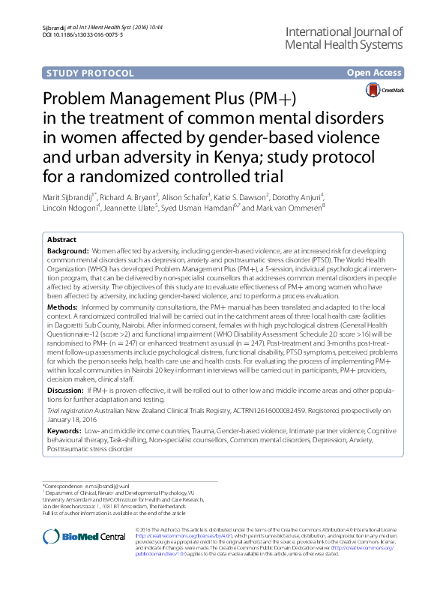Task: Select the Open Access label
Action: [376, 73]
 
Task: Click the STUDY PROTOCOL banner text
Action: [90, 73]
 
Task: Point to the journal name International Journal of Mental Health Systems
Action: [343, 37]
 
